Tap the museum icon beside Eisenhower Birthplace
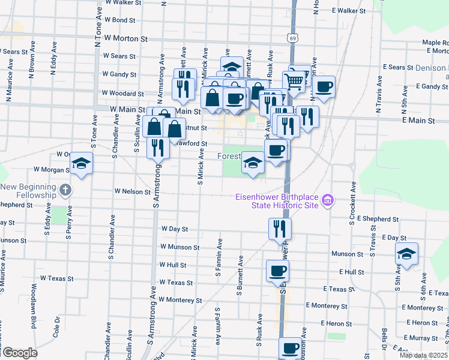coord(327,200)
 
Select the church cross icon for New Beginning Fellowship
coord(66,191)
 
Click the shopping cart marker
coord(294,80)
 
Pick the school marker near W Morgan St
coord(80,163)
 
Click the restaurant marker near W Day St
coord(280,229)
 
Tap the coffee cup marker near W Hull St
coord(277,271)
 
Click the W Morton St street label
coord(125,38)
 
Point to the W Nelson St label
coord(133,191)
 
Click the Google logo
coord(19,353)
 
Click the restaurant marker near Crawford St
coord(158,147)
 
